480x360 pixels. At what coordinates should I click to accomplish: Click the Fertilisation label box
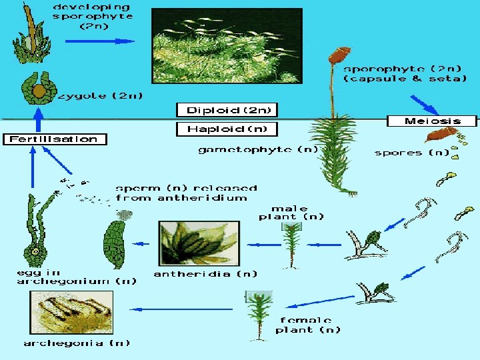tap(55, 139)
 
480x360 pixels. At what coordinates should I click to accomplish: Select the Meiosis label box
tap(433, 121)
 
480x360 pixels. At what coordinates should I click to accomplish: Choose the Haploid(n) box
tap(226, 129)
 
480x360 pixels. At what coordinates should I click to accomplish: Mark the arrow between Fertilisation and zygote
tap(39, 120)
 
